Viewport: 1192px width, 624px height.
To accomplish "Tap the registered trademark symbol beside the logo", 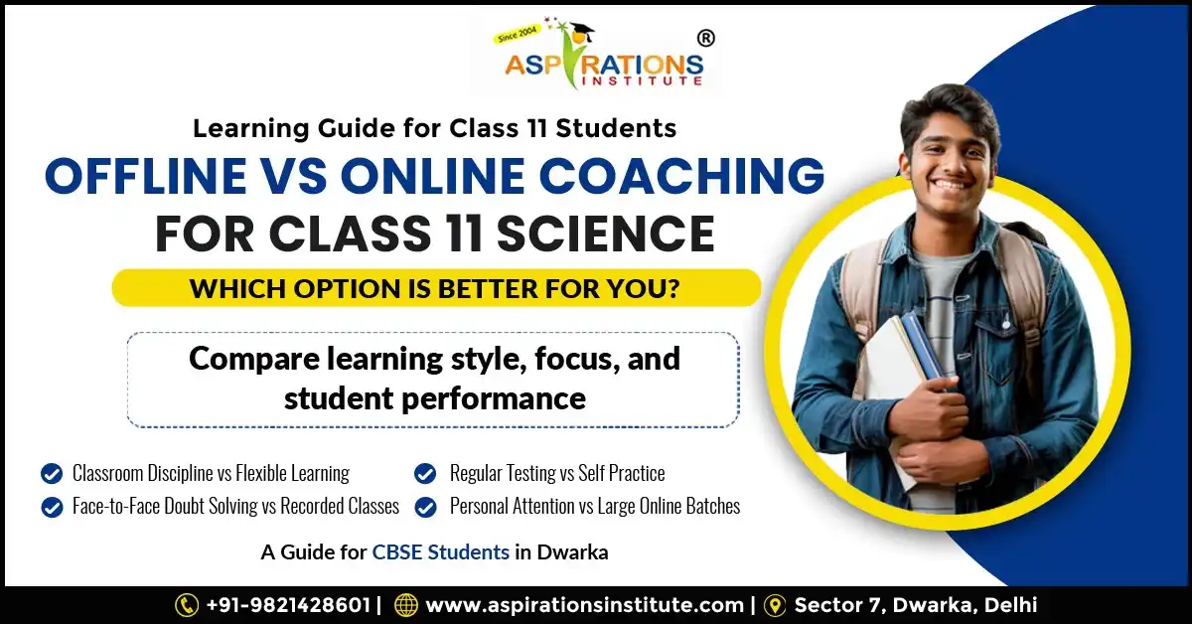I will (x=706, y=38).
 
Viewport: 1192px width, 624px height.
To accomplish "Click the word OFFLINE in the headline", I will (x=144, y=177).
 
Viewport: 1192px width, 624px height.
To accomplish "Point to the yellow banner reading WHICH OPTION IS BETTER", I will (x=436, y=288).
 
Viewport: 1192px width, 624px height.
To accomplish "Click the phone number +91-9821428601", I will (x=287, y=604).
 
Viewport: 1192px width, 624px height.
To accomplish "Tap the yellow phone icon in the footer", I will (x=187, y=604).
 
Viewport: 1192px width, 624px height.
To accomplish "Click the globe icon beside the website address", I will (x=405, y=604).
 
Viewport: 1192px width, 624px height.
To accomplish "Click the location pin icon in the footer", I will (x=775, y=604).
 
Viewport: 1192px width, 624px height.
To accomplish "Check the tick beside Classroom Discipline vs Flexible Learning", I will (x=51, y=473).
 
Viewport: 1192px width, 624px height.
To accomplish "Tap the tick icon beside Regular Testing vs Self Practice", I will (x=425, y=473).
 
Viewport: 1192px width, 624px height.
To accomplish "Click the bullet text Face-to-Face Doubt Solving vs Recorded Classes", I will (x=235, y=506).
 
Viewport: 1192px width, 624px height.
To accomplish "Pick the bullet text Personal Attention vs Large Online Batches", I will (x=594, y=506).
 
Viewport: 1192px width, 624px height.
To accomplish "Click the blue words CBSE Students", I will (x=440, y=552).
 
